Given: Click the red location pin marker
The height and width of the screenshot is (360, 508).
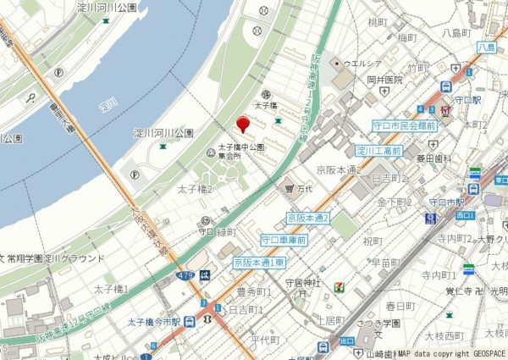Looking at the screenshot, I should click(242, 125).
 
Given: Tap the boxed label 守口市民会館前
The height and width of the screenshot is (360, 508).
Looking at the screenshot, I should click(404, 125).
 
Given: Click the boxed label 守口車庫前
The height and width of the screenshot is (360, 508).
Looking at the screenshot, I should click(284, 240).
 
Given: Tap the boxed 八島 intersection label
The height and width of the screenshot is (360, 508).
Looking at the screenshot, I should click(486, 48).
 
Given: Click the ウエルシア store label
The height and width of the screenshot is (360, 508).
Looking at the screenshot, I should click(362, 63).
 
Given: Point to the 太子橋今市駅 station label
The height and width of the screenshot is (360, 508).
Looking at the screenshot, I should click(154, 322).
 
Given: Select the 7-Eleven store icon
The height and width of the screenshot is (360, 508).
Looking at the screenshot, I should click(340, 289).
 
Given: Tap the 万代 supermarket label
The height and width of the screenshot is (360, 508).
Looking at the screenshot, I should click(301, 188).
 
